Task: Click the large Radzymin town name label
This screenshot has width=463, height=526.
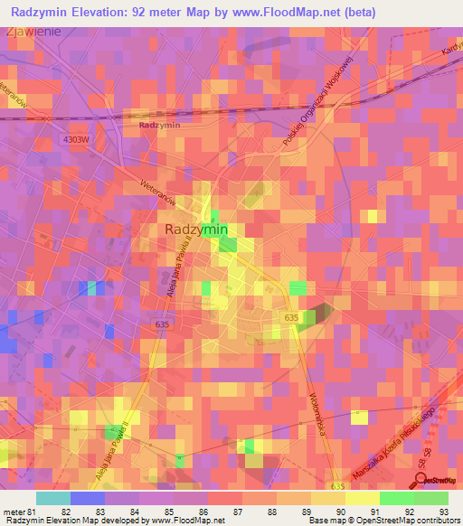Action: click(x=197, y=230)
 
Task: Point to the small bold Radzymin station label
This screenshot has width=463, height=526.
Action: click(x=160, y=126)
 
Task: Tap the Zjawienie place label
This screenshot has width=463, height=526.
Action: click(x=33, y=32)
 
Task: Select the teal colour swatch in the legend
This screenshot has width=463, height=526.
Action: click(x=53, y=497)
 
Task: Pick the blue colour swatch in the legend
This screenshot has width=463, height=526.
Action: click(x=88, y=497)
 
